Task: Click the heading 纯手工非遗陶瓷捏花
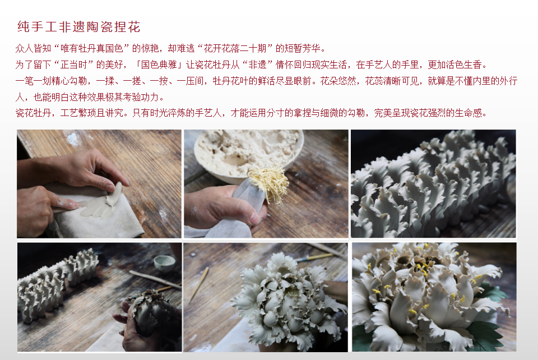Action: [79, 27]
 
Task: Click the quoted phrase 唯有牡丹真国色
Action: [91, 48]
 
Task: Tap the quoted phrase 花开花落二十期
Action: [235, 48]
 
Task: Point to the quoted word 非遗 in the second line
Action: [257, 64]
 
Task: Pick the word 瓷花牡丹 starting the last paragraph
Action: [33, 113]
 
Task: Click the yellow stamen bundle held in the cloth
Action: [268, 183]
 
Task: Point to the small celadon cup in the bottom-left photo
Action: [164, 263]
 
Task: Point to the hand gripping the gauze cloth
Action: [225, 208]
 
